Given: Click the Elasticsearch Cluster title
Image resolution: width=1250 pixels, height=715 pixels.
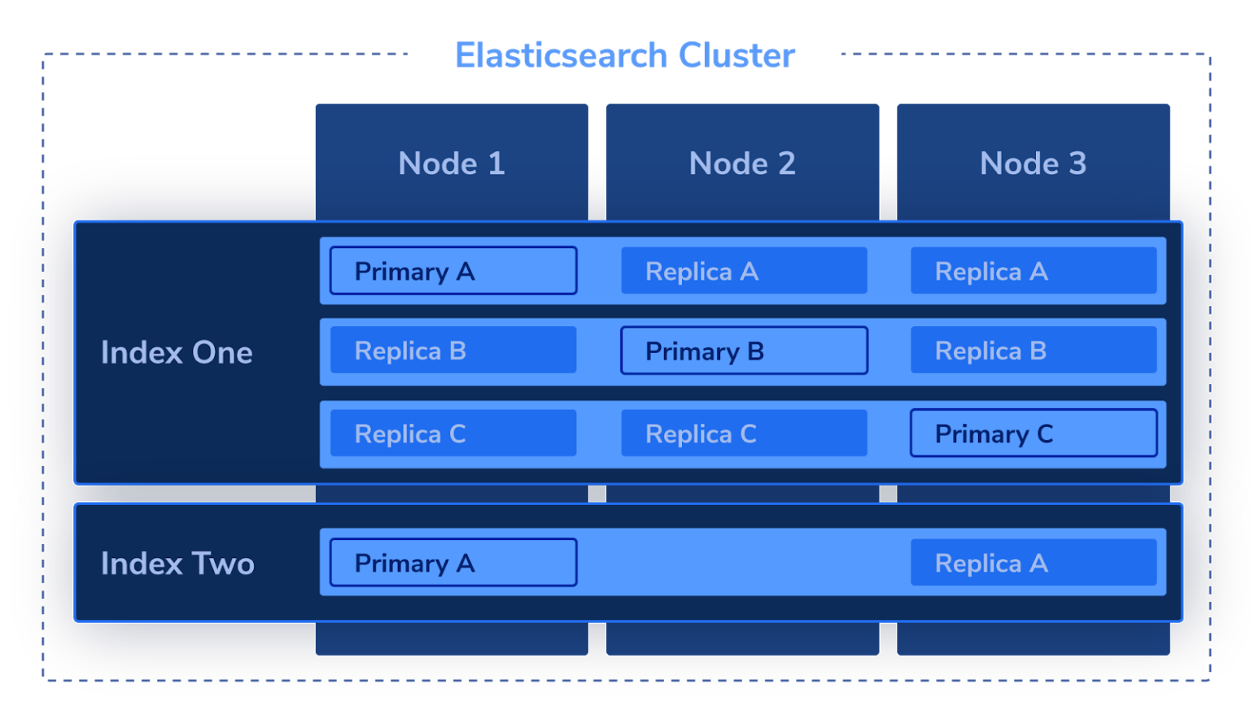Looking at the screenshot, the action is pyautogui.click(x=625, y=55).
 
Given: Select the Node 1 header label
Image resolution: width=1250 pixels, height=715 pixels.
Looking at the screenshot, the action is pyautogui.click(x=452, y=163).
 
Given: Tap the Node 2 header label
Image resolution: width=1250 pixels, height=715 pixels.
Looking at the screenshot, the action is pyautogui.click(x=742, y=163).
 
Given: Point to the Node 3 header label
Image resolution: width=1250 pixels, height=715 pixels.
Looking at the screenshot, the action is pyautogui.click(x=1033, y=163).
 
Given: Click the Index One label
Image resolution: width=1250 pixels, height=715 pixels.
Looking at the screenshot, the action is pyautogui.click(x=177, y=352).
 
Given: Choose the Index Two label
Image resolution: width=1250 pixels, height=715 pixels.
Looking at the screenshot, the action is pyautogui.click(x=177, y=564).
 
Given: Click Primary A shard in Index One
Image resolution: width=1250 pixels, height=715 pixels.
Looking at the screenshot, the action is pyautogui.click(x=453, y=271).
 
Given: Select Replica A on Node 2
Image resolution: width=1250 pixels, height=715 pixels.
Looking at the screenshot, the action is pyautogui.click(x=744, y=271).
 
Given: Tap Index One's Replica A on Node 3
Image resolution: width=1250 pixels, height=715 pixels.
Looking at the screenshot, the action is pyautogui.click(x=1034, y=271).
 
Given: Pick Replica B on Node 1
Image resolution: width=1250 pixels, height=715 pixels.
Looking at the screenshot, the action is pyautogui.click(x=453, y=351).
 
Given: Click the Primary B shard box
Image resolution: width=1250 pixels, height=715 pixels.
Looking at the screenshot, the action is pyautogui.click(x=744, y=351).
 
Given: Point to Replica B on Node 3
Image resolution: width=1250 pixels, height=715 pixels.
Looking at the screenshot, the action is pyautogui.click(x=1034, y=351).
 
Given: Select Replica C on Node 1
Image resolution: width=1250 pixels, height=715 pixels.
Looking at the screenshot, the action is pyautogui.click(x=453, y=434).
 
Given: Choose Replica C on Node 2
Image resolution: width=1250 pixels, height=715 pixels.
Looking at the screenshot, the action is pyautogui.click(x=744, y=434).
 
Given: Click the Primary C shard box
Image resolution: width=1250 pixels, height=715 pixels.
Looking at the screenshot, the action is pyautogui.click(x=1034, y=434).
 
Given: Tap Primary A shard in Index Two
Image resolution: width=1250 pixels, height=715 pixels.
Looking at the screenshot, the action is pyautogui.click(x=453, y=562).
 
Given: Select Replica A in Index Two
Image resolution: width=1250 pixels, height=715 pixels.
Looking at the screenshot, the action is pyautogui.click(x=1034, y=562).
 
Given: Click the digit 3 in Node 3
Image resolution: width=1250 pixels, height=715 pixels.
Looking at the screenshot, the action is pyautogui.click(x=1077, y=163).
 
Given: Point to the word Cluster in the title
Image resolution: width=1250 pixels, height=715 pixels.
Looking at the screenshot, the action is pyautogui.click(x=736, y=55).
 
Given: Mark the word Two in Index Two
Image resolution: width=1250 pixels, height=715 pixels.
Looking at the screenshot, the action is pyautogui.click(x=223, y=564).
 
